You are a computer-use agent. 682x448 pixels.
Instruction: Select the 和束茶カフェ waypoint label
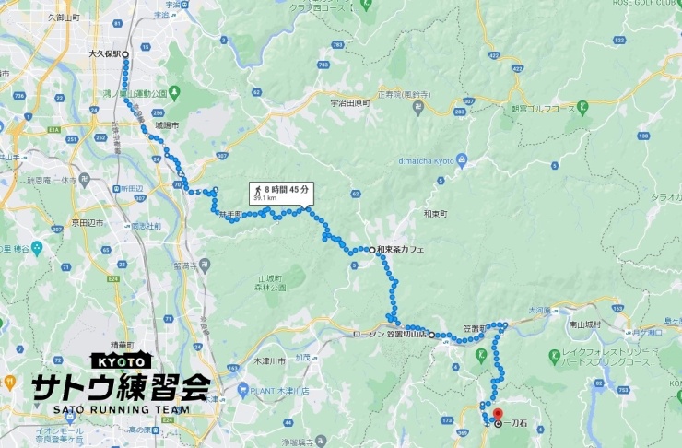pyautogui.click(x=402, y=250)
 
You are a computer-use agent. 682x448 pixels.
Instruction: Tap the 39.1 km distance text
pyautogui.click(x=264, y=197)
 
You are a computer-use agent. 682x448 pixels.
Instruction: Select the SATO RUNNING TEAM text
pyautogui.click(x=121, y=409)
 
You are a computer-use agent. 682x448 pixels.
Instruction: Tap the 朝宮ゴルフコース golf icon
pyautogui.click(x=583, y=109)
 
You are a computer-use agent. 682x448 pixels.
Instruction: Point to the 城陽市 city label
pyautogui.click(x=167, y=124)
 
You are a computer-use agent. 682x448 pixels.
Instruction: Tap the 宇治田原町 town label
pyautogui.click(x=348, y=103)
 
